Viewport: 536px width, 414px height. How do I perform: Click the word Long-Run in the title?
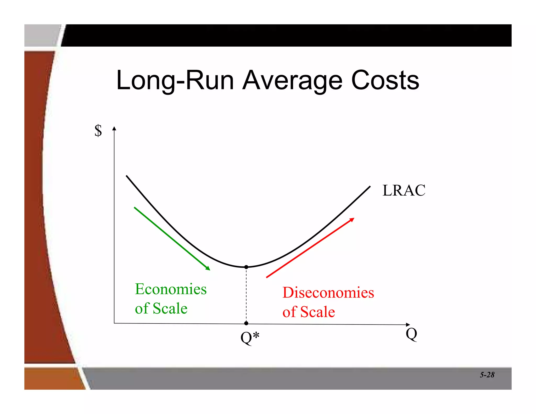175,81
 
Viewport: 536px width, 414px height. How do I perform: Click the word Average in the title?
292,81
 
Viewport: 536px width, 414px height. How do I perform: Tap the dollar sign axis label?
98,131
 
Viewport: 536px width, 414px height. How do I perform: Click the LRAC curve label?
404,190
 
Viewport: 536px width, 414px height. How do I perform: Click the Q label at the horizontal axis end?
411,334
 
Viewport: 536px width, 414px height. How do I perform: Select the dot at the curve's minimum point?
246,267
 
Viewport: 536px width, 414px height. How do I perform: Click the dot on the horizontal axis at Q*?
246,323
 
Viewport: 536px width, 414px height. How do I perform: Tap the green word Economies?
171,289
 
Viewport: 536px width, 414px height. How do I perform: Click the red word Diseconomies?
328,293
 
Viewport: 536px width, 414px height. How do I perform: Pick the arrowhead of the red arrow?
352,220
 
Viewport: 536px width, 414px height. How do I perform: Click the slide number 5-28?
487,375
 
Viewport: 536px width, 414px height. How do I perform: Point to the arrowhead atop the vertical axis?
114,128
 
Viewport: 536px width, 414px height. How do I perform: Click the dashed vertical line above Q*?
246,296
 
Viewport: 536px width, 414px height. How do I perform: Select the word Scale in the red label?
317,312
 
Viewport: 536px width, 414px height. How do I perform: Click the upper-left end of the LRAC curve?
127,176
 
